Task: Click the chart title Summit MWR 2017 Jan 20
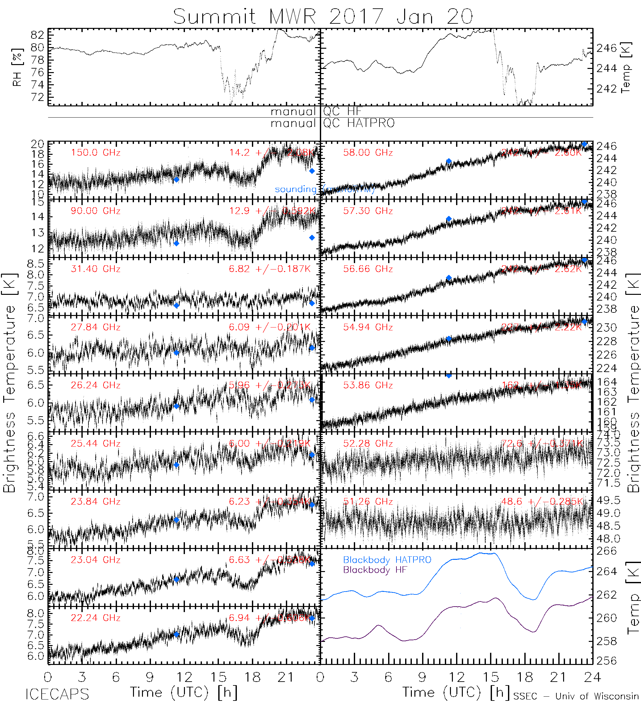323,16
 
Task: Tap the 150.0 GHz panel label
96,153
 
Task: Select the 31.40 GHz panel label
96,269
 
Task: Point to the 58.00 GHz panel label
368,153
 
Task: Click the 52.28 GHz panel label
368,444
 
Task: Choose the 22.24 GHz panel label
96,618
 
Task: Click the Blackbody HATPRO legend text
387,560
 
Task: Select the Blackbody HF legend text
375,570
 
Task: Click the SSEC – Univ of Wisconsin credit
576,696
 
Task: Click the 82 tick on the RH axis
37,35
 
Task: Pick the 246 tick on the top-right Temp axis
606,48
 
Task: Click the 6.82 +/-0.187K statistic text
270,269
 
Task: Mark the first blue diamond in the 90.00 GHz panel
177,244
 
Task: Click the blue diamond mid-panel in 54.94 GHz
449,338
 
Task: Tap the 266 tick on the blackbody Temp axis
606,551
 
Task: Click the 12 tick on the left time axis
184,677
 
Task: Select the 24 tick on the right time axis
592,677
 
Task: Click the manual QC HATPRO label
332,123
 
